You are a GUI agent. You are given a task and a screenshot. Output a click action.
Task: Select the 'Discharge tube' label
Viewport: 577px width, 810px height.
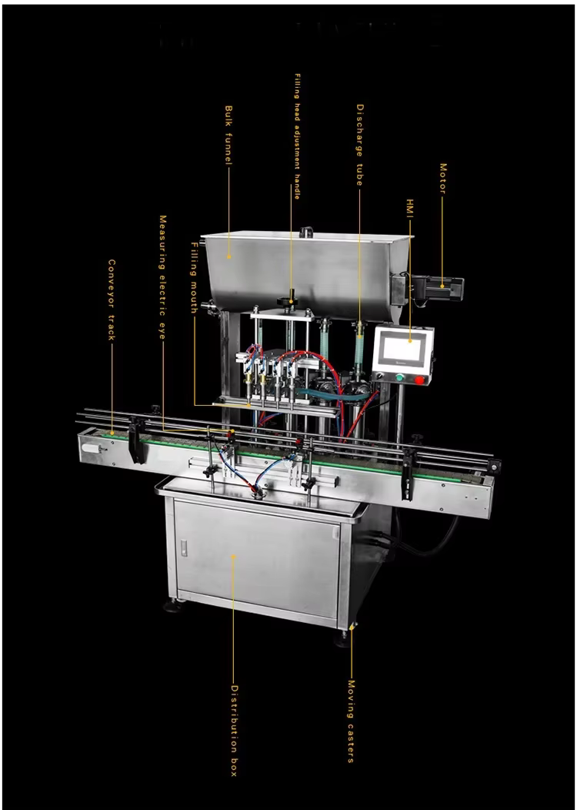click(x=359, y=145)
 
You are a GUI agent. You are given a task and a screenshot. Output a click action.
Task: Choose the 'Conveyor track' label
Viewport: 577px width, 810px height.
click(x=112, y=300)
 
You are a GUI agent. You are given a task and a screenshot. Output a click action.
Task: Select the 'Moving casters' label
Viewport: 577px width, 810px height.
click(x=351, y=721)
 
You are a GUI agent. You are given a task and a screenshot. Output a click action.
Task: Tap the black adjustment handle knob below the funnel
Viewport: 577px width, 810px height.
click(x=292, y=296)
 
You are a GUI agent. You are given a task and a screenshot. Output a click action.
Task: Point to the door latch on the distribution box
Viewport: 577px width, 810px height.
click(x=183, y=547)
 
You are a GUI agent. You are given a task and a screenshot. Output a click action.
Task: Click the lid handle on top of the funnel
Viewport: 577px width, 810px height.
click(x=306, y=231)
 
